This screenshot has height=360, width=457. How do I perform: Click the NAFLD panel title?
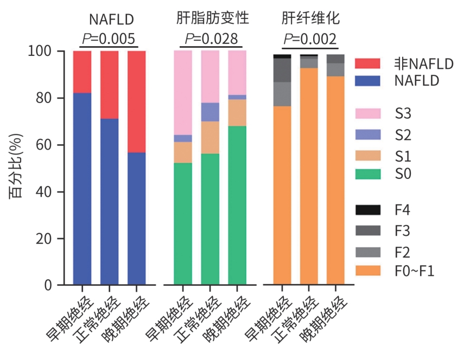click(x=111, y=20)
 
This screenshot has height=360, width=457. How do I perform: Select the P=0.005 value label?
click(x=109, y=39)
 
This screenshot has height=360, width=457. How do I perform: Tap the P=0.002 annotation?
click(x=310, y=39)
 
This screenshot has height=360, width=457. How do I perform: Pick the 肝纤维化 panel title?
click(x=310, y=20)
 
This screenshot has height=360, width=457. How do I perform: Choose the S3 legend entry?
click(x=403, y=114)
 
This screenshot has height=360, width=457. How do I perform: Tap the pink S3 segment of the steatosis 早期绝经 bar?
click(x=183, y=92)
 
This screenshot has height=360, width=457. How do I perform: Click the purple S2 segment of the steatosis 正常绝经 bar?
click(x=210, y=112)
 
